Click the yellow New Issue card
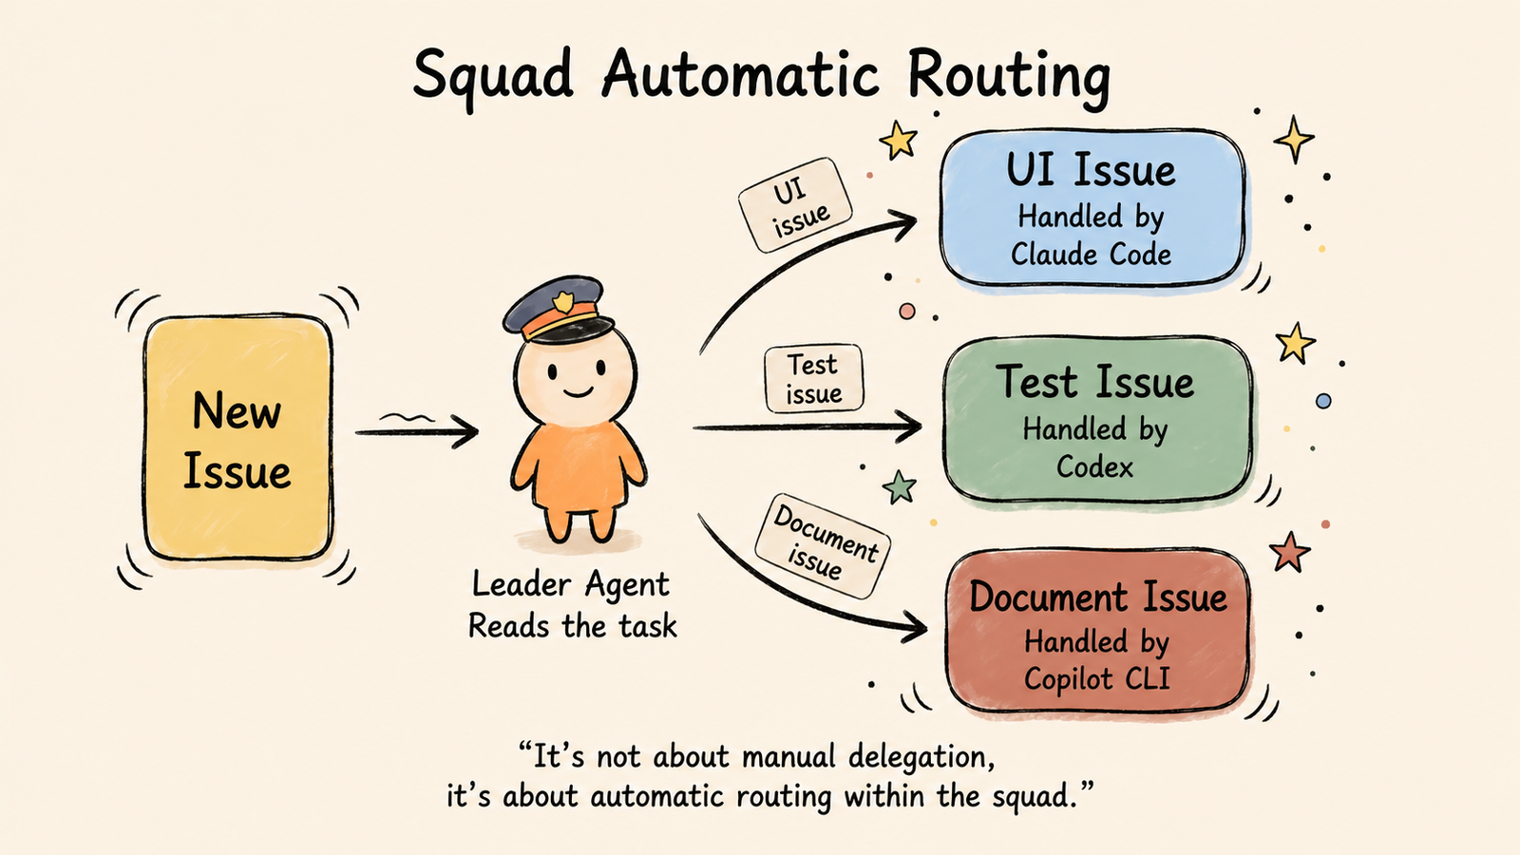click(x=238, y=438)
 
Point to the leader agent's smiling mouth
click(x=578, y=392)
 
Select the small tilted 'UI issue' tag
click(x=794, y=205)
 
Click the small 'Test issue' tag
click(x=813, y=379)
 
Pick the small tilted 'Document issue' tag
click(x=823, y=545)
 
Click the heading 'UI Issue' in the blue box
click(x=1091, y=170)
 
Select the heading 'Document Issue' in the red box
click(x=1098, y=598)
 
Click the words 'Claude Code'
click(x=1091, y=255)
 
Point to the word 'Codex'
click(x=1094, y=466)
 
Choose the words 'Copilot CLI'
click(x=1096, y=678)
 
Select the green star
click(x=900, y=486)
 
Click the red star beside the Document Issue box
click(x=1289, y=552)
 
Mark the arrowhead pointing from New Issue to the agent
click(x=465, y=431)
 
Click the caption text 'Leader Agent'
click(x=571, y=584)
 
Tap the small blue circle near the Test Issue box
click(x=1323, y=401)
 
